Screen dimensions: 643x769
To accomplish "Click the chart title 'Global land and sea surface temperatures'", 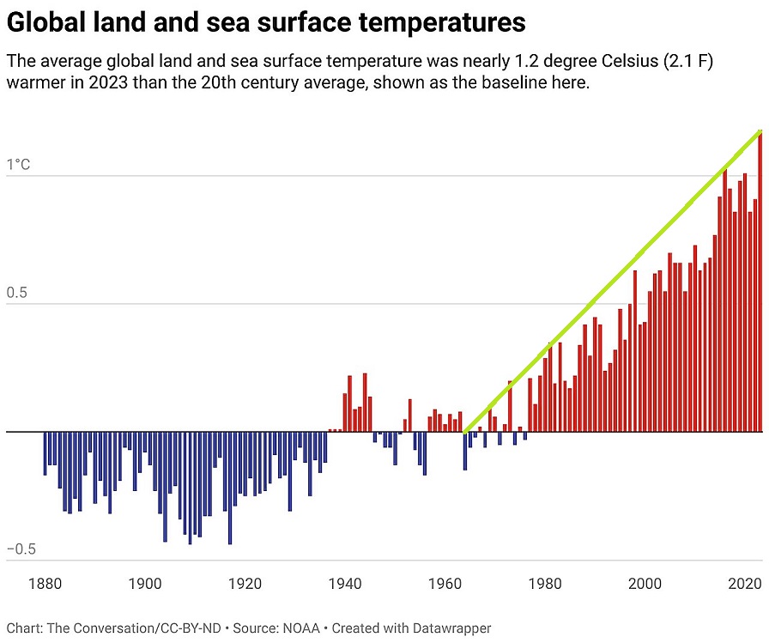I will pos(266,23).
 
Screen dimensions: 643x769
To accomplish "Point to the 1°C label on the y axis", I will pos(18,164).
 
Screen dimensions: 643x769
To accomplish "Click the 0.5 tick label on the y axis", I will pos(18,292).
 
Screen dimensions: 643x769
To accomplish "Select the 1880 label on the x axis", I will pos(45,584).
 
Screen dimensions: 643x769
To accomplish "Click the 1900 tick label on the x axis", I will pos(145,584).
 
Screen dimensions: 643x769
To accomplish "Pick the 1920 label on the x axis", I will pos(245,584).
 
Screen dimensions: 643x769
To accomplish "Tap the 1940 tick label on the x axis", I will pos(345,584).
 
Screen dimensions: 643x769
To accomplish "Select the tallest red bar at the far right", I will pos(760,283).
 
